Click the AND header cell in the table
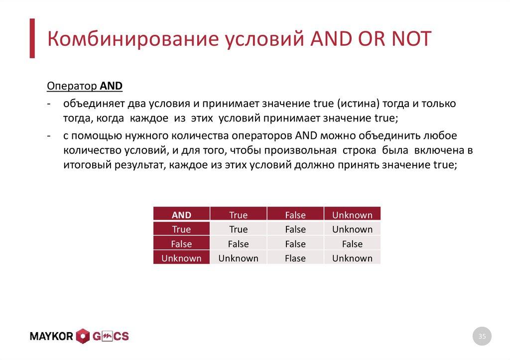181,215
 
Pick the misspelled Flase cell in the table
295,258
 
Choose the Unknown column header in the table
352,215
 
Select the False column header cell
295,215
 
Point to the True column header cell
238,215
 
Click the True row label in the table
181,230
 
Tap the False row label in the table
181,244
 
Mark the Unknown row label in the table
181,258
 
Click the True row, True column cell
238,230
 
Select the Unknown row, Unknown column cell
352,258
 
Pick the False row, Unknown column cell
352,244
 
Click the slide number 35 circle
482,337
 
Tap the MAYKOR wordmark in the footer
52,337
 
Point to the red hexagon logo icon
83,337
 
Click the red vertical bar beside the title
32,38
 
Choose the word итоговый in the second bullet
85,166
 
